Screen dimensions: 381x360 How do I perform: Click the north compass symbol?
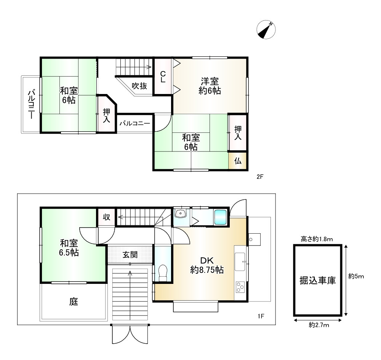266,30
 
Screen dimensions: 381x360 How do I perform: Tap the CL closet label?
163,77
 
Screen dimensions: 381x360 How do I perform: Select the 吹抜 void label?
139,86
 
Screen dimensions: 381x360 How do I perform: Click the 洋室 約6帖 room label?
210,86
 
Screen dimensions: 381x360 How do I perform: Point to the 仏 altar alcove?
238,161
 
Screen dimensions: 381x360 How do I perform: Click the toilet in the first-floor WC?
163,272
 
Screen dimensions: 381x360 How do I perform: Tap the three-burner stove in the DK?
240,287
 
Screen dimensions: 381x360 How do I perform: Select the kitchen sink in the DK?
240,262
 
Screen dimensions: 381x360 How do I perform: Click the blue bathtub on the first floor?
220,217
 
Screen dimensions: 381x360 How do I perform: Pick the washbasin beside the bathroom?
180,213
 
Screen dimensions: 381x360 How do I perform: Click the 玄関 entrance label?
130,255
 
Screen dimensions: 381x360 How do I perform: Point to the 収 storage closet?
106,217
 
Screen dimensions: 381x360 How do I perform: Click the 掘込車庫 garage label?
318,280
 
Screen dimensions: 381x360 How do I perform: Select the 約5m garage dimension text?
356,276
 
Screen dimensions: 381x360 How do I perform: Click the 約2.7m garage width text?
319,325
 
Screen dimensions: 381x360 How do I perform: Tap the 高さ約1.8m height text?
317,239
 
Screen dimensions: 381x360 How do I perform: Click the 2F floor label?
260,177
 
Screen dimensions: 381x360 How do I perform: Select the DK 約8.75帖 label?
207,265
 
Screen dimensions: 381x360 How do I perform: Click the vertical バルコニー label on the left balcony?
31,104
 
